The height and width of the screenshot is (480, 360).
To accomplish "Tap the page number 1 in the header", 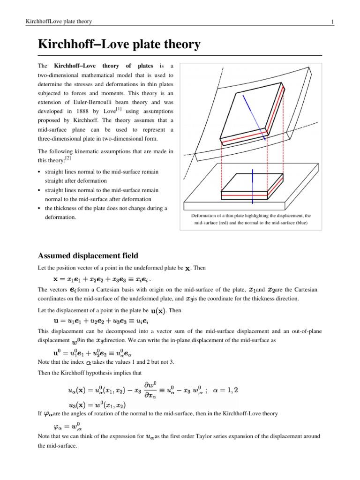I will pos(332,22).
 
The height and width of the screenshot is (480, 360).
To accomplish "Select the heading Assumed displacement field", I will pos(88,255).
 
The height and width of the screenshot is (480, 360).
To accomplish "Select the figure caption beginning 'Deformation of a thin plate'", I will pos(251,219).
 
